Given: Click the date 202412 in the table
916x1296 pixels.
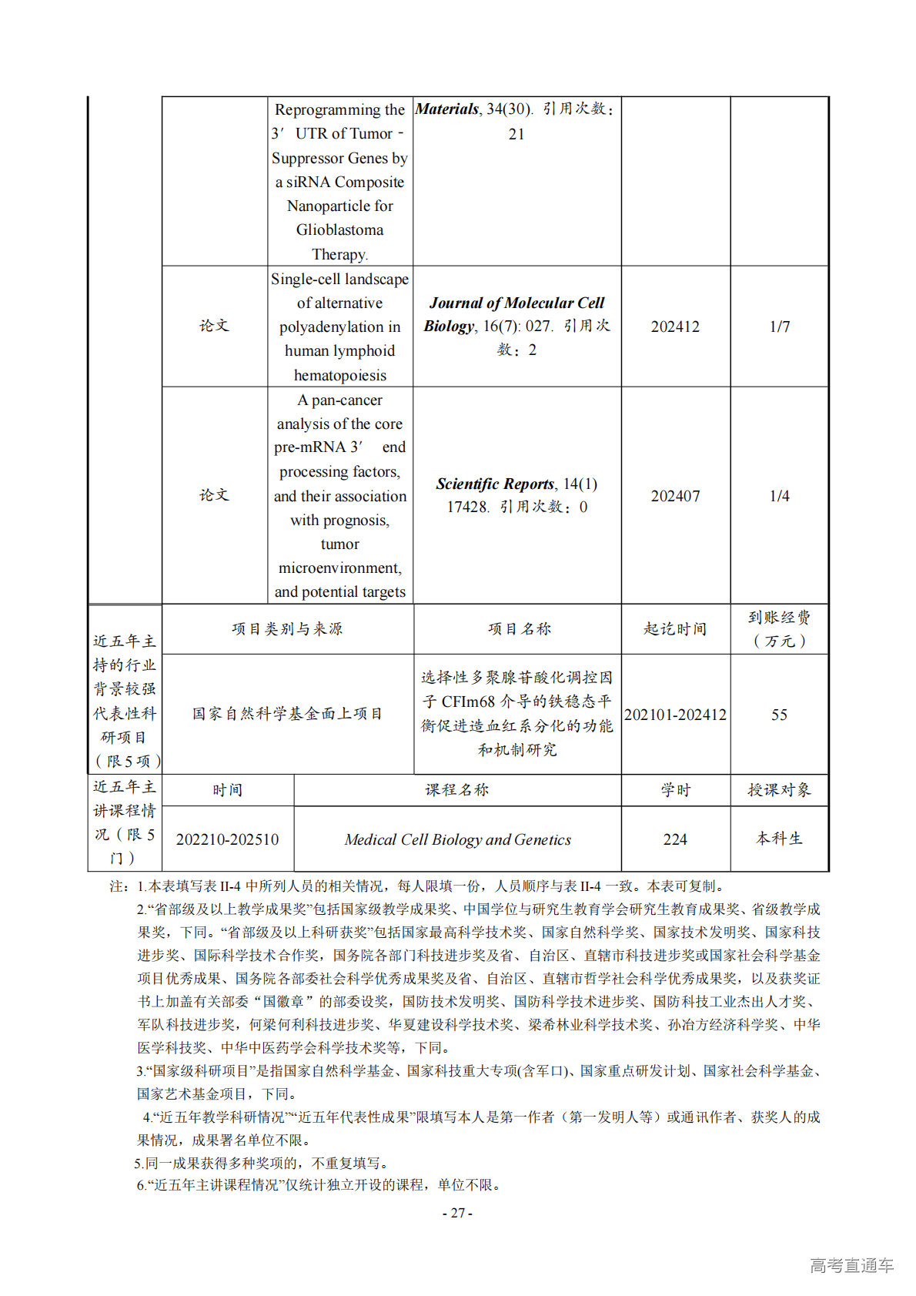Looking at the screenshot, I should [x=675, y=327].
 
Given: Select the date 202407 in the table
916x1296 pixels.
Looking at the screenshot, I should [x=675, y=496].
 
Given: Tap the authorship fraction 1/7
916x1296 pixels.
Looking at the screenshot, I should [x=779, y=327].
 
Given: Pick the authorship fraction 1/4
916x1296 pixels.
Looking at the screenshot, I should [x=779, y=496].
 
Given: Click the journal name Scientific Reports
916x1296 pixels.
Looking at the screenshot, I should [x=495, y=484].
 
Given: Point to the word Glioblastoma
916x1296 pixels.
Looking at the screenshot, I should [x=339, y=229].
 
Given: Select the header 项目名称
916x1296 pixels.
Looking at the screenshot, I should [x=519, y=629].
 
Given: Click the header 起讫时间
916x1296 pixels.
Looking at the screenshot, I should [x=675, y=629].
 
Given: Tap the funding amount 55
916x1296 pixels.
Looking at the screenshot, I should [x=779, y=715].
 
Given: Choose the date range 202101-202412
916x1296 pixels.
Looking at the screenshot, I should [x=675, y=715].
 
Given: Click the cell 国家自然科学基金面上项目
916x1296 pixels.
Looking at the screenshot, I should [x=287, y=714].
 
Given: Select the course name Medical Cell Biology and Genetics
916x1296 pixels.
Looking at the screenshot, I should [x=457, y=839].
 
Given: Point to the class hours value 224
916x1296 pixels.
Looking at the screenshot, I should [x=675, y=839].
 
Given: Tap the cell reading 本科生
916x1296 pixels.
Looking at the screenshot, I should [x=779, y=839].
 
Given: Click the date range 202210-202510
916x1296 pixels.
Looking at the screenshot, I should [x=227, y=839].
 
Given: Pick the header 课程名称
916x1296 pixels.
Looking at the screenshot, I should [x=457, y=790].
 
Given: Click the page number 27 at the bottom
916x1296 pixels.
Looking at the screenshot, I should [x=457, y=1213].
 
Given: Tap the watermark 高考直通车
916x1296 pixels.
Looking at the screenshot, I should [x=851, y=1265].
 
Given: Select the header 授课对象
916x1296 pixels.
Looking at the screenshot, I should [x=779, y=790].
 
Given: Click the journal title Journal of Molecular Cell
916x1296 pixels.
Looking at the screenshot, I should [x=517, y=303].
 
